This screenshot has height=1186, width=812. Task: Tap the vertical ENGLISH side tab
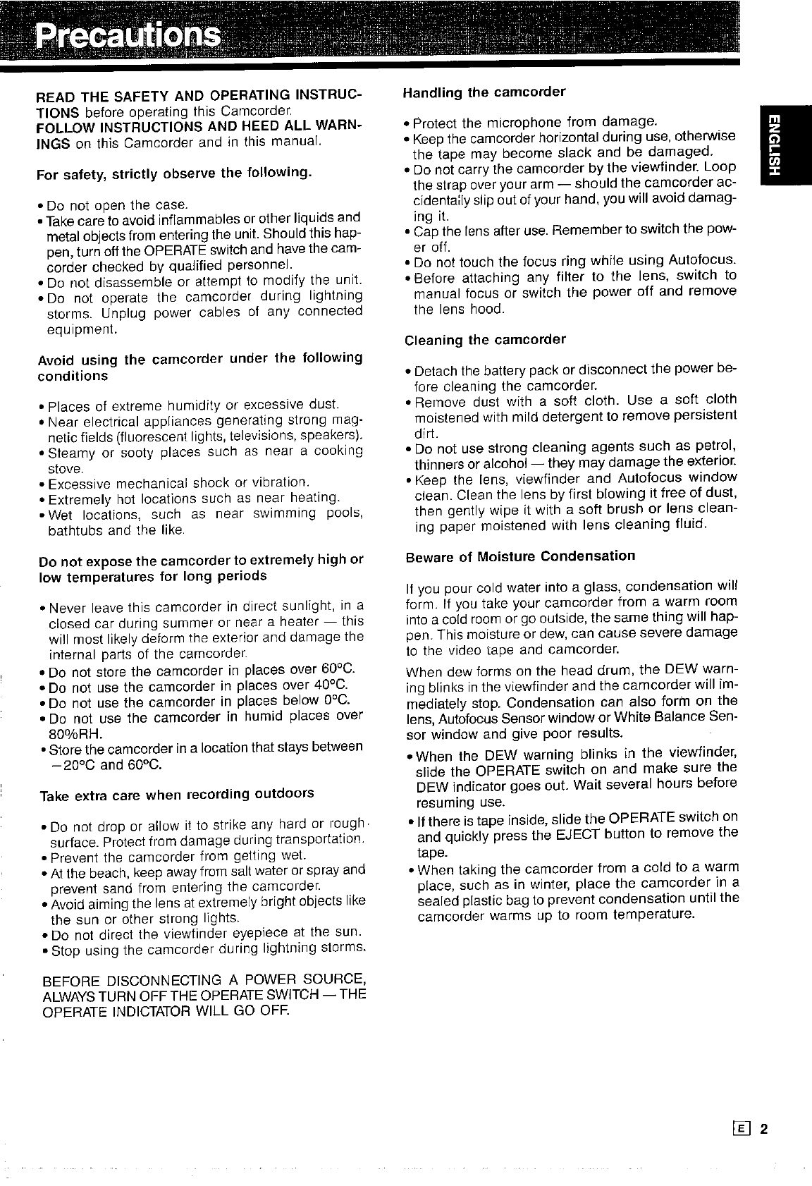773,145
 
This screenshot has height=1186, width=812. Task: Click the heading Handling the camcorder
484,92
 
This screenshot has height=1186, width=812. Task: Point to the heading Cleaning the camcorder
485,340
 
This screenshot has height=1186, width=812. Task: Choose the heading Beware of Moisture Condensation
520,556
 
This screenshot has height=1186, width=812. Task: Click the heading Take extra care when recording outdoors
176,794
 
